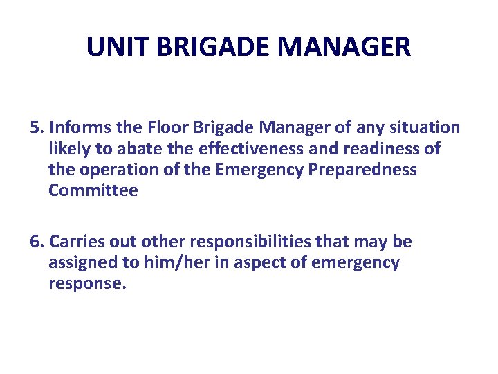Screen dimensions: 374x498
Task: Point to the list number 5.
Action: coord(37,127)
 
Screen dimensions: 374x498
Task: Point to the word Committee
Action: coord(93,191)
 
